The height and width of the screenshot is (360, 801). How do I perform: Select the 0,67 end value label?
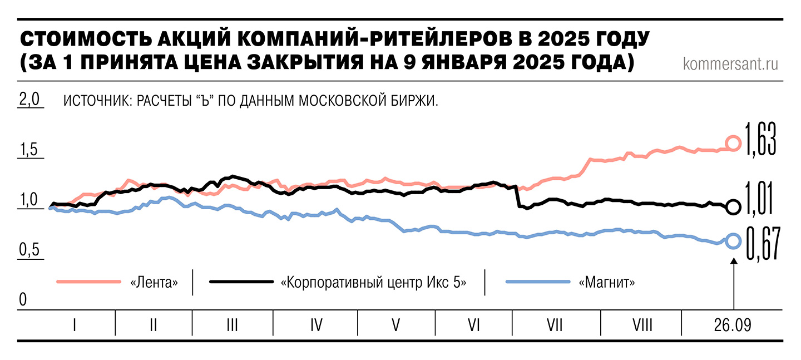click(760, 241)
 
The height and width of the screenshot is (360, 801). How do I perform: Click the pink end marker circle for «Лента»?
click(734, 144)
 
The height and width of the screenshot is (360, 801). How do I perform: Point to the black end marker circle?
click(734, 207)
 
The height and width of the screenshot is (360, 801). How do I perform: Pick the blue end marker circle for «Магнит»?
click(734, 241)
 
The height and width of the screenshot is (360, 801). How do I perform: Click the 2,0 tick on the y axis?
click(31, 100)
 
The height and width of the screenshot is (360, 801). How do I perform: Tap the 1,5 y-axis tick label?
click(31, 150)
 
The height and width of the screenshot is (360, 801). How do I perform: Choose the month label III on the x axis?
click(233, 324)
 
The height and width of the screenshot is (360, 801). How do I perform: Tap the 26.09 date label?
click(733, 324)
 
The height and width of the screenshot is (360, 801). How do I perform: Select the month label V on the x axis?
click(395, 324)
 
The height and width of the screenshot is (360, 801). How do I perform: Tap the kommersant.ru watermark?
click(730, 64)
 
